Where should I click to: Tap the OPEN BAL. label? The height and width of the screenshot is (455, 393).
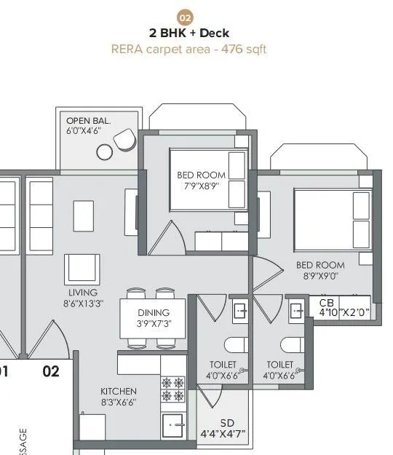tap(88, 121)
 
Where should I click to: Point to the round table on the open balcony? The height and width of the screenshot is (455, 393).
tap(105, 151)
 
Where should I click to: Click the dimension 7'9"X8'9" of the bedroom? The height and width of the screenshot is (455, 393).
tap(202, 186)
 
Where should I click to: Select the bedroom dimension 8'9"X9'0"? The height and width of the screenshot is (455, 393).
tap(324, 276)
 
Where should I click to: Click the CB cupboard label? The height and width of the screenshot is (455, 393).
tap(327, 301)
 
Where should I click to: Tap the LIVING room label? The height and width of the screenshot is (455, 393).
tap(77, 293)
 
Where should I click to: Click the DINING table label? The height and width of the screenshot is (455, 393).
tap(153, 312)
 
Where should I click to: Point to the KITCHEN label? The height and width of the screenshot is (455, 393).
tap(118, 391)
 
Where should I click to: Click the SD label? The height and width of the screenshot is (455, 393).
tap(227, 422)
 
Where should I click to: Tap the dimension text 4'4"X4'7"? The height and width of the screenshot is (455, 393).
tap(223, 434)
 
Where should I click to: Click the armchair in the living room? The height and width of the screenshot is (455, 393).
tap(82, 269)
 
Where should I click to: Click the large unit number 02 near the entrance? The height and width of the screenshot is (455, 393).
tap(50, 372)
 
